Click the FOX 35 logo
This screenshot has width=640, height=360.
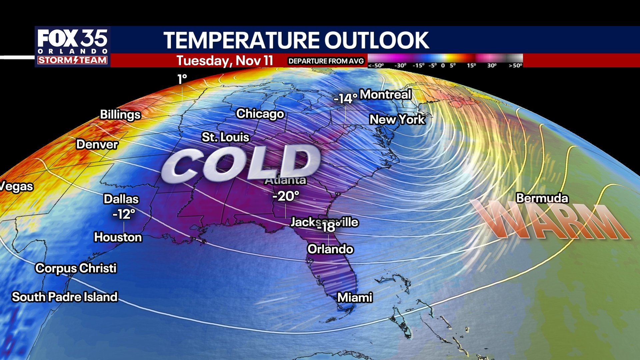click(72, 46)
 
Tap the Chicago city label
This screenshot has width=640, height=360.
click(260, 114)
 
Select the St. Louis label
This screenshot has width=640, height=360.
click(225, 137)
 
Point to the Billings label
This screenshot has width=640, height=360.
click(120, 114)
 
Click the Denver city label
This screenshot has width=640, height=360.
click(97, 144)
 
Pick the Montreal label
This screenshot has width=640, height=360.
click(385, 95)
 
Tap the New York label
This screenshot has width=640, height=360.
click(397, 119)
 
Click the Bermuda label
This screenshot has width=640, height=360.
click(542, 198)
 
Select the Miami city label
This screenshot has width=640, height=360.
click(355, 297)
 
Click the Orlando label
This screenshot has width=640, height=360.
click(330, 249)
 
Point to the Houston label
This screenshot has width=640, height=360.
click(118, 237)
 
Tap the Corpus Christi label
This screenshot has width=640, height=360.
click(76, 268)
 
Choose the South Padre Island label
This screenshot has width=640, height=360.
click(65, 297)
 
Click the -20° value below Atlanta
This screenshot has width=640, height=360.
click(286, 196)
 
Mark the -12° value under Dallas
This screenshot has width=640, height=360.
click(124, 214)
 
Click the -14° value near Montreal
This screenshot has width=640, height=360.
click(345, 98)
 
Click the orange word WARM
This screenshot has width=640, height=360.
click(550, 220)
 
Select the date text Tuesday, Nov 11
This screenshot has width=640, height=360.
click(225, 61)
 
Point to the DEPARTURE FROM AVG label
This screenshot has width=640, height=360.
click(326, 61)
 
